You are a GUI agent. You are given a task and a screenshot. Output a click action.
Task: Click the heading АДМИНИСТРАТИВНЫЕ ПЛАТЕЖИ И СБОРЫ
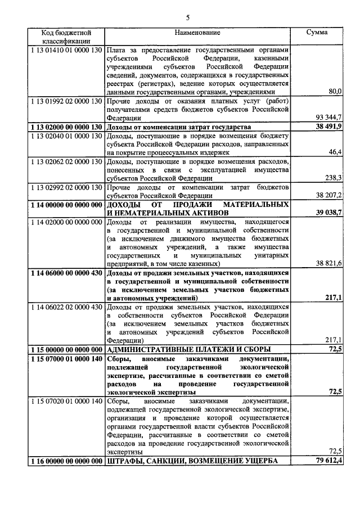[x=190, y=349]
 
